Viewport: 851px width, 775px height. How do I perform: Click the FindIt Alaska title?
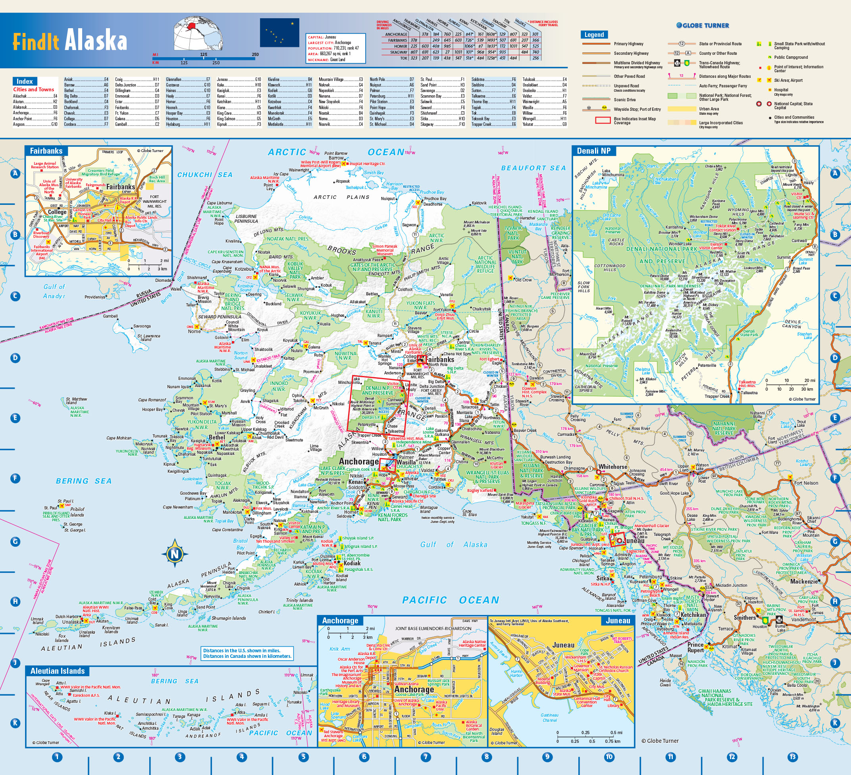[x=69, y=41]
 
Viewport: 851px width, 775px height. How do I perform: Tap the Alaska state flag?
[x=279, y=33]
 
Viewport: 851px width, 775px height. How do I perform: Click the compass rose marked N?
[x=174, y=554]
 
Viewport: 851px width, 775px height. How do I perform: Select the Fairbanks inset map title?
[x=46, y=151]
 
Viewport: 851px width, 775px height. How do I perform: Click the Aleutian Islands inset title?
[x=58, y=671]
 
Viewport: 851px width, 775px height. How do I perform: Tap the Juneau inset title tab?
[x=618, y=621]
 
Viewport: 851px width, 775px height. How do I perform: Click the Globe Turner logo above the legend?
[x=703, y=25]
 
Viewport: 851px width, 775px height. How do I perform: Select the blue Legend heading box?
[x=594, y=35]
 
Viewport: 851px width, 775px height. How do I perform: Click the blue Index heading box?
[x=25, y=81]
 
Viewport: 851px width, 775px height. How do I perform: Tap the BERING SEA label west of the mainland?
[x=84, y=481]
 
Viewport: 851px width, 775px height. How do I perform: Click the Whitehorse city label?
[x=612, y=467]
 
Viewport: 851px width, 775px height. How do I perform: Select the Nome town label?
[x=194, y=331]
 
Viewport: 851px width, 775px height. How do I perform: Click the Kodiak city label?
[x=352, y=563]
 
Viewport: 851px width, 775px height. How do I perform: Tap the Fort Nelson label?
[x=805, y=483]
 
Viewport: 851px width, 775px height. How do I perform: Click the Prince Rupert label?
[x=695, y=648]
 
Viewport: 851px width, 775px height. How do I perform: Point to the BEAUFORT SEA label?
[x=533, y=168]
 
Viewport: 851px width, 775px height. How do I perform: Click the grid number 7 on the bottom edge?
[x=425, y=757]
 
